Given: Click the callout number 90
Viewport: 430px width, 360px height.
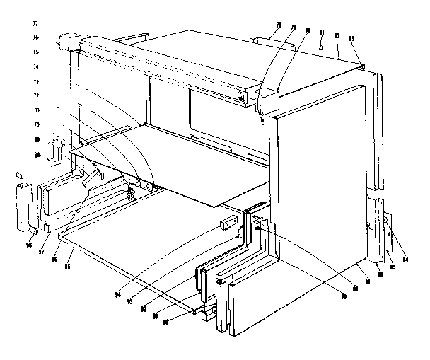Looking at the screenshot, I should (166, 323).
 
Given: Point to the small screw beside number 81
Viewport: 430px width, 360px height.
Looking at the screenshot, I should (320, 45).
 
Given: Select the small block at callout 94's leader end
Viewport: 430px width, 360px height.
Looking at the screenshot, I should (226, 224).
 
